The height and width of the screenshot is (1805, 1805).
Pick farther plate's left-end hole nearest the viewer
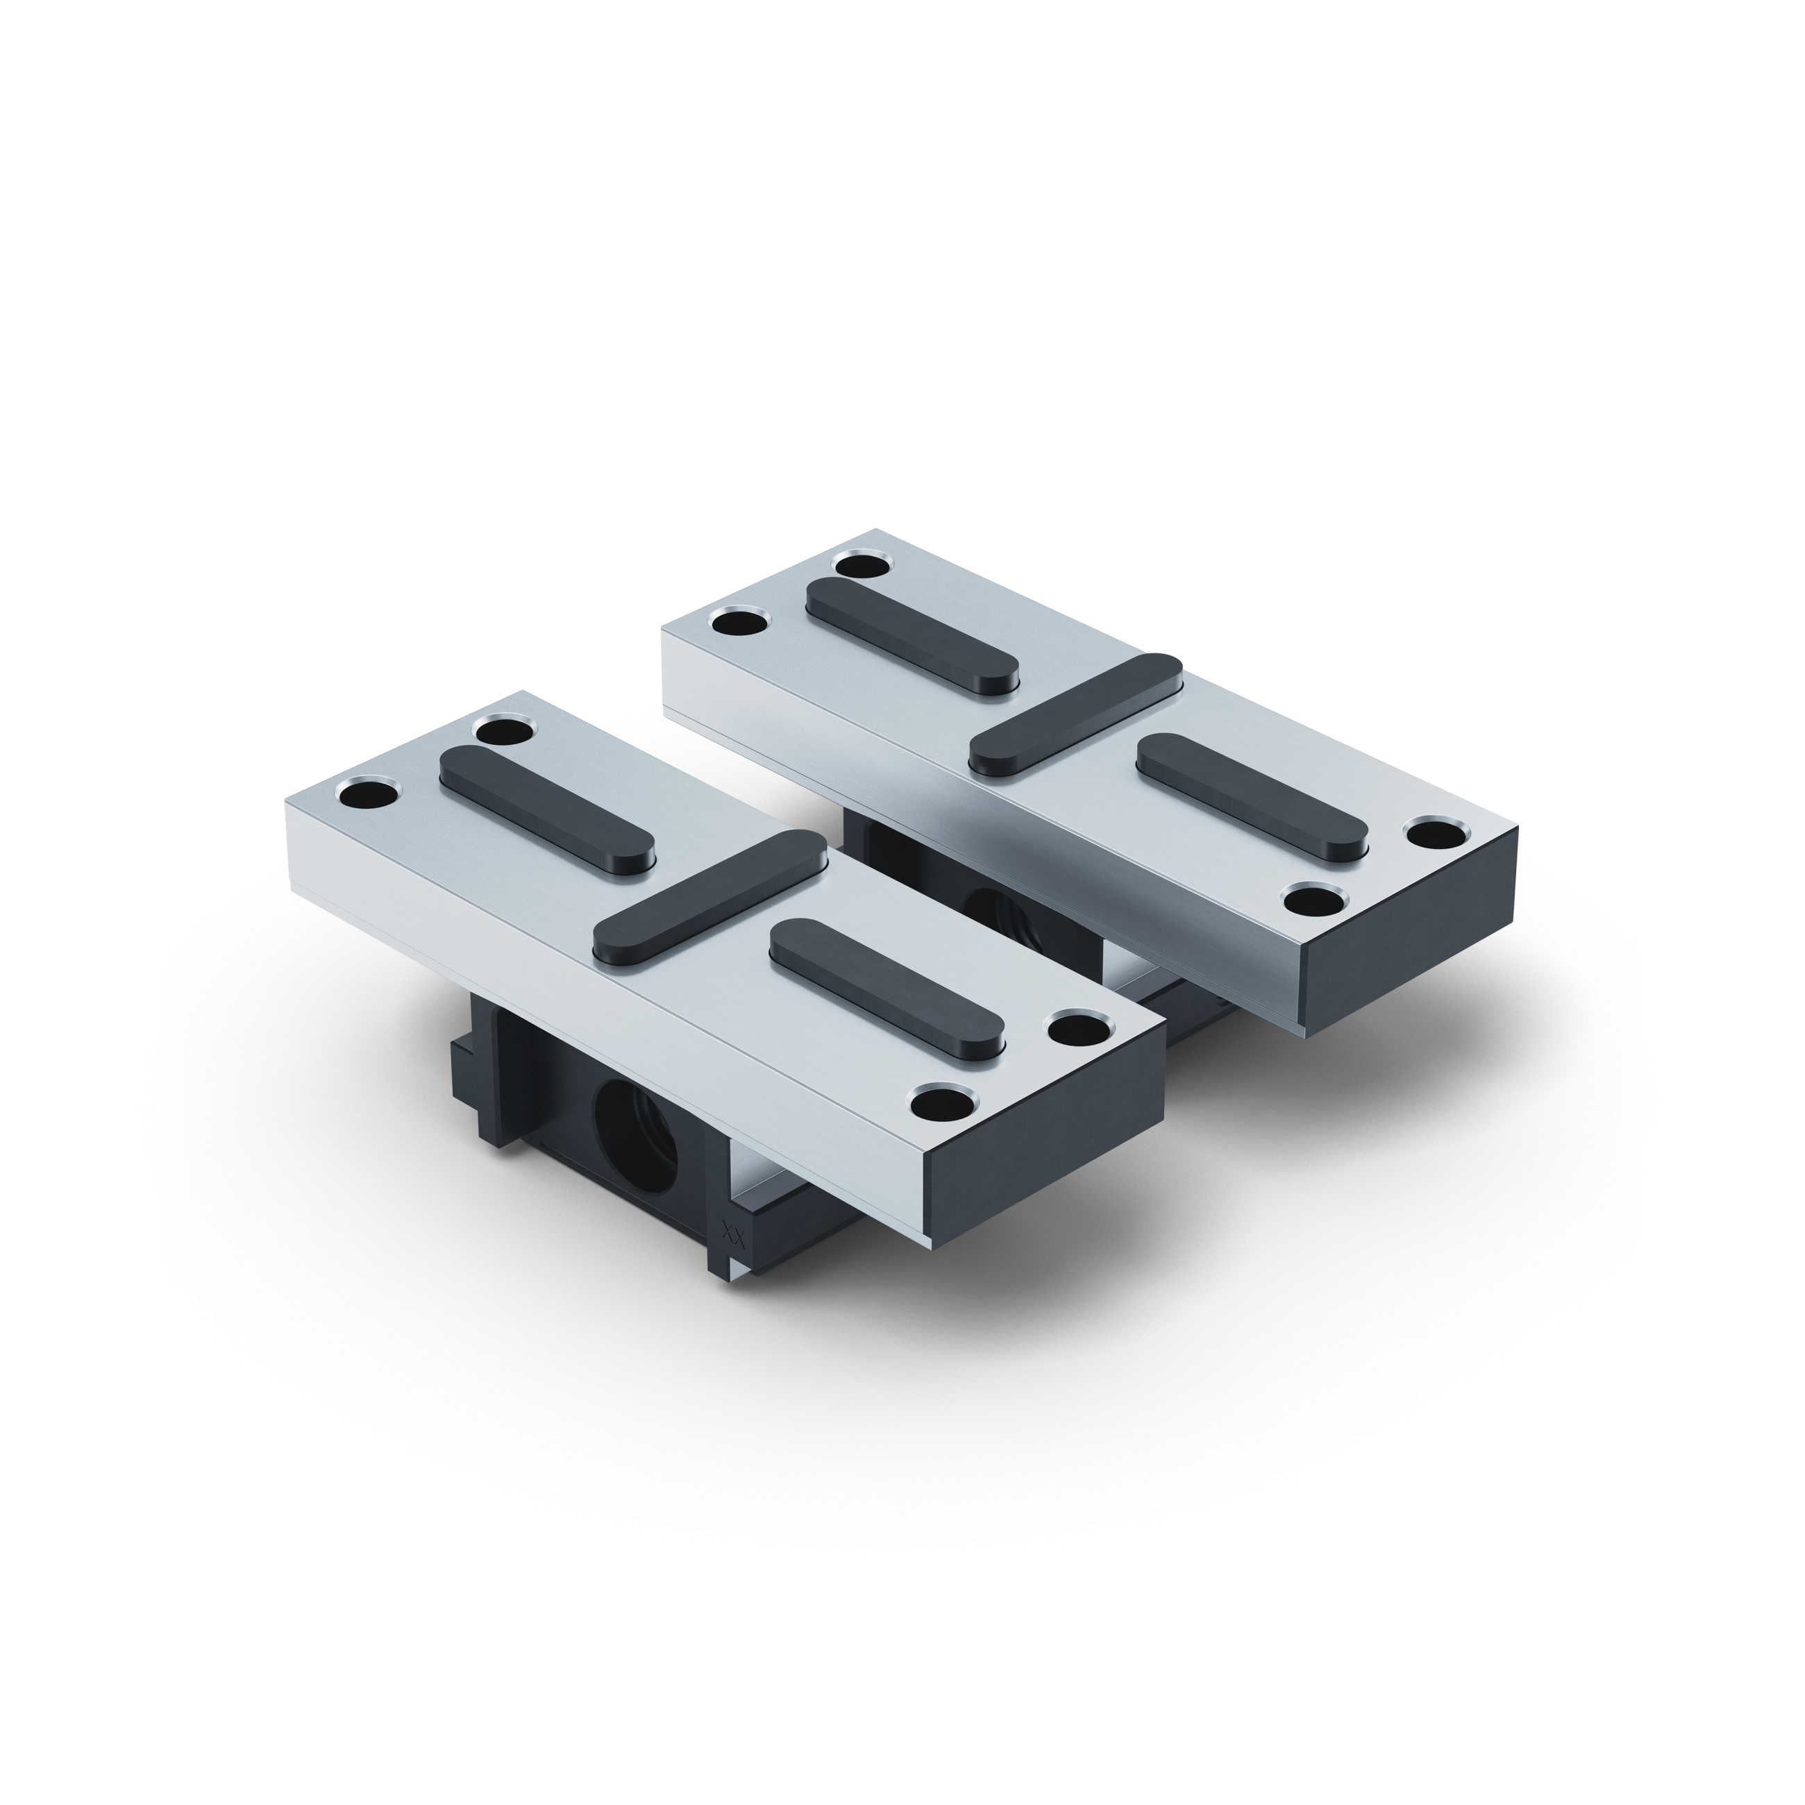[x=740, y=621]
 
